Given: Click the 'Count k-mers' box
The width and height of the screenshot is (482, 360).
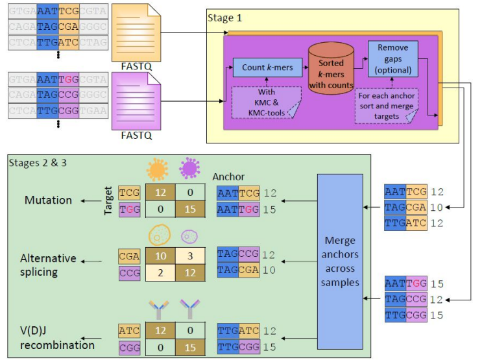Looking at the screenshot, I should pyautogui.click(x=261, y=67).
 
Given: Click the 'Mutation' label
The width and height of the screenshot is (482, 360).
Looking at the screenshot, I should pyautogui.click(x=49, y=200).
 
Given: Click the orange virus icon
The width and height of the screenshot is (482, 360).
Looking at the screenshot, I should pyautogui.click(x=157, y=170).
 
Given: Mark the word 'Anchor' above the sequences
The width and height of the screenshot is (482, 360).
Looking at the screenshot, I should pyautogui.click(x=228, y=176).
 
